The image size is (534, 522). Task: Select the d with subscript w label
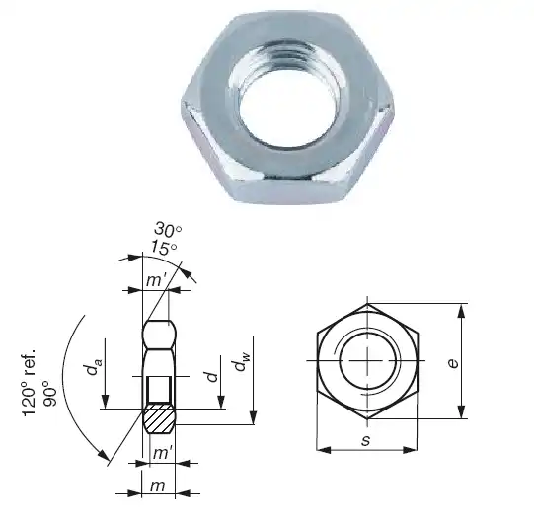(x=240, y=364)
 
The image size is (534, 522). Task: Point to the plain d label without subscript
(x=210, y=376)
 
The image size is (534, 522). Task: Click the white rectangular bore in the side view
(x=159, y=391)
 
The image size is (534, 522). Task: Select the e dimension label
(x=452, y=362)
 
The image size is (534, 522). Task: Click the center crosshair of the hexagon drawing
(x=368, y=361)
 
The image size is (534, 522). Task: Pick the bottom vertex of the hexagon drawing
(x=367, y=418)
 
